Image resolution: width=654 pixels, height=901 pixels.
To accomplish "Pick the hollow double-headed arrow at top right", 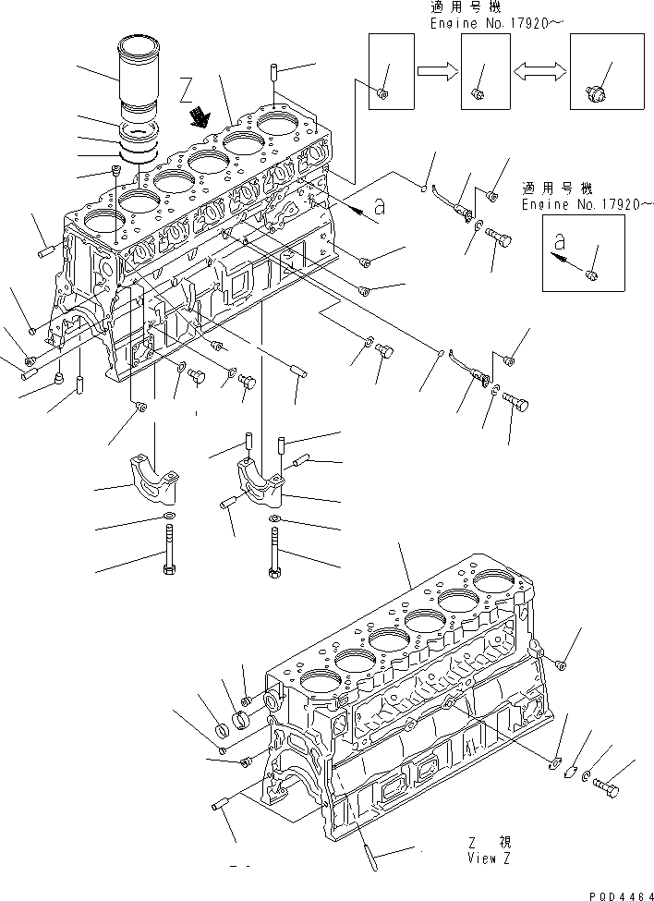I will (x=539, y=70).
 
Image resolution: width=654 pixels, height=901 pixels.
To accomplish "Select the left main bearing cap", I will (x=151, y=473).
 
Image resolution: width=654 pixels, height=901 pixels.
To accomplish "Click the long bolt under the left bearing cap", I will (x=170, y=551).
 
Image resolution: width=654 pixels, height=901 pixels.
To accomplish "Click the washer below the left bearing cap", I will (x=169, y=515).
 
